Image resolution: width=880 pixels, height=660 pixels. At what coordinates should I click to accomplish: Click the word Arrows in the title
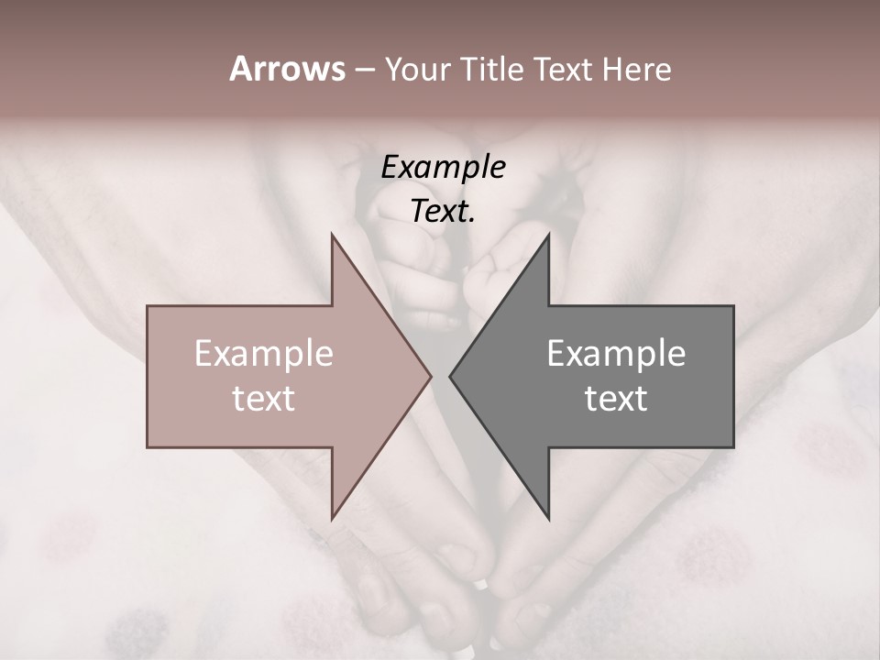point(287,69)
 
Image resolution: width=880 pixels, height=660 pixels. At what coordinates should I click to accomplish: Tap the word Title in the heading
point(492,69)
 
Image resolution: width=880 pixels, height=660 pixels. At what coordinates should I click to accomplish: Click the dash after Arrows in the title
point(364,71)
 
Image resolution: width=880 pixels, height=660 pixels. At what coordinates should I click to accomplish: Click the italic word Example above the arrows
point(443,168)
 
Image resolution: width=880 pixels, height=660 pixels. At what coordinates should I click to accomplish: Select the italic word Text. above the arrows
point(443,212)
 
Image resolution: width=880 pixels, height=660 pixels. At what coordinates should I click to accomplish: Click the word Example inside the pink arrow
point(263,354)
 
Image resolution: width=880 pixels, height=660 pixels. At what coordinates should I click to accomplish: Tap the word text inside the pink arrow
point(263,399)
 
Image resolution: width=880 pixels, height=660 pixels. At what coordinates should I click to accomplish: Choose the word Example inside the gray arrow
point(616,354)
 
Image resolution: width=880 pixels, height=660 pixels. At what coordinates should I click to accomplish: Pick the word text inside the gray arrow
point(616,399)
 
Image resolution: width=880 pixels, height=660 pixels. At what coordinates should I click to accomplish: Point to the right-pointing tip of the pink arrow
point(431,376)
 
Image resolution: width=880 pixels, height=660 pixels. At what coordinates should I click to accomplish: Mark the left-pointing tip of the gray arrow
point(450,376)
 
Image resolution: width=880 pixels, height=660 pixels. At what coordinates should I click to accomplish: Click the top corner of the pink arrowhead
point(332,236)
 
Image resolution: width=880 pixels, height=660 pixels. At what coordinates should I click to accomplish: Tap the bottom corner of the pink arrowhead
point(332,518)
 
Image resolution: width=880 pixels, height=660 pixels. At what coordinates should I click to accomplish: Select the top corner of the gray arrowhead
point(548,236)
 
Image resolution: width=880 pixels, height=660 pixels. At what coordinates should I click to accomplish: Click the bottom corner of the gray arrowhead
point(548,518)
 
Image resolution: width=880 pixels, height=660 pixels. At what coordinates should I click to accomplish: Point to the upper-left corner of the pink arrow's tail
point(148,307)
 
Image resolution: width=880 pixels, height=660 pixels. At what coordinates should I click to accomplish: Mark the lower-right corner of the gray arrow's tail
point(732,446)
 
